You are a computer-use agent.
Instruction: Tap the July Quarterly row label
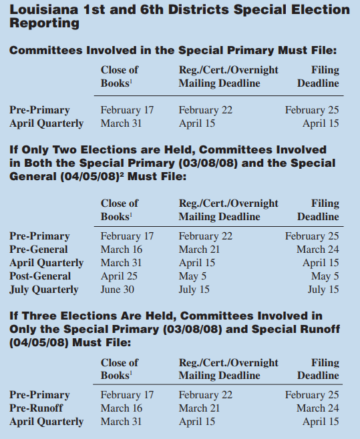tap(43, 290)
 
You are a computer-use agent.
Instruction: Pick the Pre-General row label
tap(39, 250)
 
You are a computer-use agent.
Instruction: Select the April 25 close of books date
tap(118, 276)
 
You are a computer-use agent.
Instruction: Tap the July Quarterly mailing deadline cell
tap(194, 290)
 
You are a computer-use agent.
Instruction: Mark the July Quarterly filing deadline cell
tap(323, 290)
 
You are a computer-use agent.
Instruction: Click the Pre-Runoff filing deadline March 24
tap(317, 408)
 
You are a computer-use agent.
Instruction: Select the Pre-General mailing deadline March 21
tap(198, 250)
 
